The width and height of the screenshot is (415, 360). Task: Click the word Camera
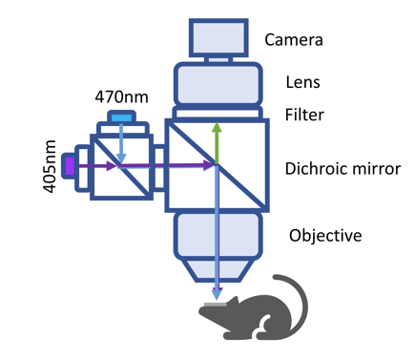pyautogui.click(x=294, y=40)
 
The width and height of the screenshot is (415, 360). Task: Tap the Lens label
pyautogui.click(x=302, y=82)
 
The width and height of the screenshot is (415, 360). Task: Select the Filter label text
pyautogui.click(x=304, y=115)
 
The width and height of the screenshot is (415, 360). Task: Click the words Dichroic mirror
pyautogui.click(x=342, y=168)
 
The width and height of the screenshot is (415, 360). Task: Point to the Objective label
pyautogui.click(x=325, y=236)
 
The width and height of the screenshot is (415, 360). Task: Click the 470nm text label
pyautogui.click(x=121, y=97)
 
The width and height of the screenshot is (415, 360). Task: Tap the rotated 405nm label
pyautogui.click(x=50, y=166)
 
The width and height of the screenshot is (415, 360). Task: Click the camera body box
pyautogui.click(x=218, y=38)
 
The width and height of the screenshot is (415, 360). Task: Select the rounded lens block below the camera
pyautogui.click(x=218, y=83)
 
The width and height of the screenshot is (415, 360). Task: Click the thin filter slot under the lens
pyautogui.click(x=218, y=113)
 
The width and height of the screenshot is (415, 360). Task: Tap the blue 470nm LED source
pyautogui.click(x=122, y=117)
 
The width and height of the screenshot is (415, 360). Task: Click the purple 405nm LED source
pyautogui.click(x=69, y=166)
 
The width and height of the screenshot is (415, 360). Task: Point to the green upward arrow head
pyautogui.click(x=217, y=127)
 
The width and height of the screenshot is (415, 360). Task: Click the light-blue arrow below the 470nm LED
pyautogui.click(x=121, y=143)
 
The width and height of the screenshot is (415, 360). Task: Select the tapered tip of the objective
pyautogui.click(x=218, y=270)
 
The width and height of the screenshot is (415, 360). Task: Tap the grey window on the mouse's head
pyautogui.click(x=215, y=305)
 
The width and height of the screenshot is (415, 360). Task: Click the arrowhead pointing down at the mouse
pyautogui.click(x=217, y=294)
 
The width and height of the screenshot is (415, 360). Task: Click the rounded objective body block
pyautogui.click(x=218, y=236)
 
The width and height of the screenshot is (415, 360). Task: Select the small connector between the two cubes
pyautogui.click(x=159, y=168)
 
